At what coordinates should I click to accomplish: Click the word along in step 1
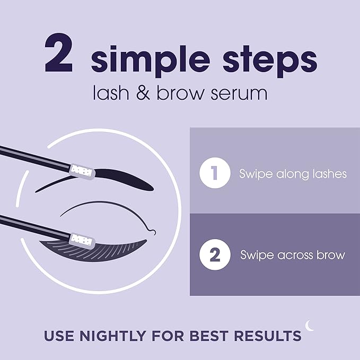(x=286, y=174)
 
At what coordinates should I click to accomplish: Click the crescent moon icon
(x=310, y=326)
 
